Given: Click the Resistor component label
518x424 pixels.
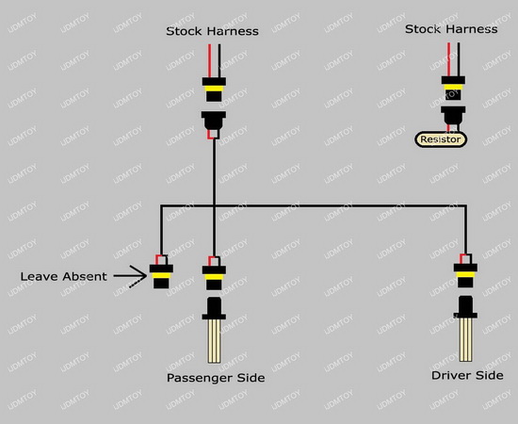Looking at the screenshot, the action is point(441,139).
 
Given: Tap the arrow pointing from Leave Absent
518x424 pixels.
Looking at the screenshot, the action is point(130,276).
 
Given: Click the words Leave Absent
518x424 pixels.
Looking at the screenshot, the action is point(63,276).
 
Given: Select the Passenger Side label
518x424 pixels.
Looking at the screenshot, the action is point(216,378).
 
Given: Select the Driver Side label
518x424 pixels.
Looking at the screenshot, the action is point(467,375).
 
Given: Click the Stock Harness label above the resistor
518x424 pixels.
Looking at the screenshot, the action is point(451,29).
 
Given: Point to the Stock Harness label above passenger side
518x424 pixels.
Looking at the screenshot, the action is point(213,31).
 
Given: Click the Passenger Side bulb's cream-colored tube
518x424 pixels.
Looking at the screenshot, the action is point(214,341).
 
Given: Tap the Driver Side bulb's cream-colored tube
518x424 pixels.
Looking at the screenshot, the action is point(465,339).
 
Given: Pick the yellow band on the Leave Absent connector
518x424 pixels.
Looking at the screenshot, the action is point(161,276).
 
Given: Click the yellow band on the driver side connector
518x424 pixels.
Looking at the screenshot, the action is point(465,274).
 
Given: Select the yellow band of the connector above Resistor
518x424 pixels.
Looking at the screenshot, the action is point(453,87).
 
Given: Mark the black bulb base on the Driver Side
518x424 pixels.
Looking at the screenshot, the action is point(465,307).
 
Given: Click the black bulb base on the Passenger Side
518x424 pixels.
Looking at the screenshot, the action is point(214,308).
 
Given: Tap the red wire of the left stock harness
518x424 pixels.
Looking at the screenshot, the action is point(209,61).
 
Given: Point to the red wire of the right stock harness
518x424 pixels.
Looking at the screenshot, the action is point(448,59).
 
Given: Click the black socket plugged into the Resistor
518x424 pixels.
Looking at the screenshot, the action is point(453,116).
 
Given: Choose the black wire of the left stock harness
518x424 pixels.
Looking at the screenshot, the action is point(219,61).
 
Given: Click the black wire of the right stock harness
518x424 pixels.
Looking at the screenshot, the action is point(459,59).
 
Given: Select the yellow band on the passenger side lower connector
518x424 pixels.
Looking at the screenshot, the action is point(214,277).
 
